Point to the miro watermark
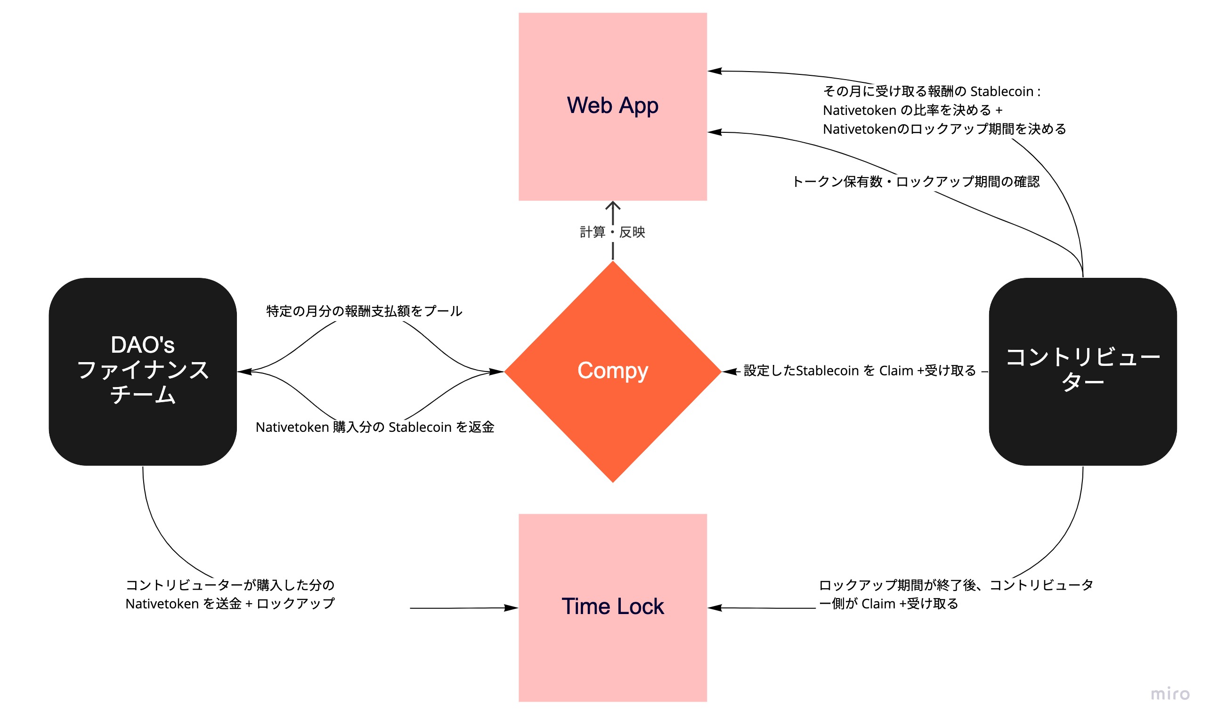click(x=1169, y=694)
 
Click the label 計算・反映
click(x=612, y=232)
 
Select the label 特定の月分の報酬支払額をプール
click(x=364, y=311)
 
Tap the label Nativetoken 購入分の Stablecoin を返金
click(x=375, y=427)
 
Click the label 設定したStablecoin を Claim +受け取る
click(x=860, y=371)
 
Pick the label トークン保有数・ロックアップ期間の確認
click(x=915, y=181)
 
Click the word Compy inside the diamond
click(x=612, y=371)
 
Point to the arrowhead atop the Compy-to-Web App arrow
click(x=612, y=205)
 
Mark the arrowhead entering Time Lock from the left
click(x=512, y=608)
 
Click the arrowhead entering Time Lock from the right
click(x=714, y=608)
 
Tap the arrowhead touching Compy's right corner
click(x=728, y=372)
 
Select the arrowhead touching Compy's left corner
click(x=497, y=372)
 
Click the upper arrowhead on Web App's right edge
click(x=714, y=71)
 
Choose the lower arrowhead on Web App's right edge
click(x=714, y=132)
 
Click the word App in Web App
click(x=636, y=106)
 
